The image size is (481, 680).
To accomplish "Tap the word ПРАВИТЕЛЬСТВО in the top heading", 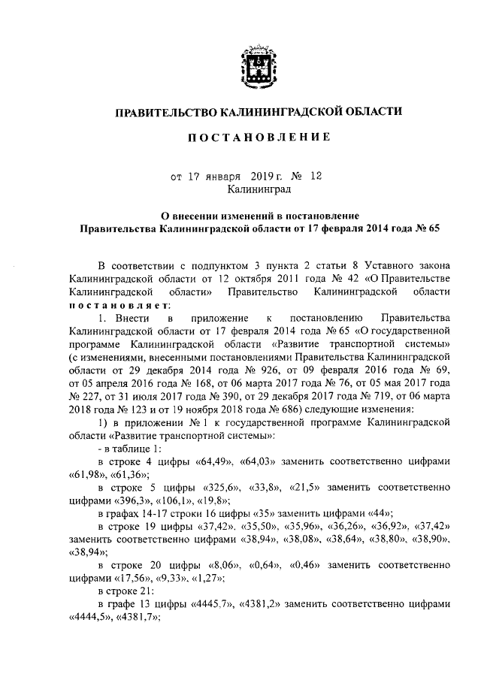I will [164, 113].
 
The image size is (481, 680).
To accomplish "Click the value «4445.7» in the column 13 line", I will [212, 609].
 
